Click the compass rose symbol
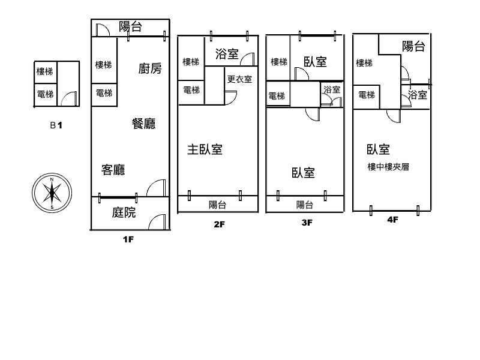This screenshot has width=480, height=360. point(52,193)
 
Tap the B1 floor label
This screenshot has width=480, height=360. point(56,125)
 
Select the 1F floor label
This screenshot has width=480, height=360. point(128,239)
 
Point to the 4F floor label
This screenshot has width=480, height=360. point(393,220)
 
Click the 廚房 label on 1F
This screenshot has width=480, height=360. point(150,68)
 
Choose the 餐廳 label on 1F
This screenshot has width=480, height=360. point(144,124)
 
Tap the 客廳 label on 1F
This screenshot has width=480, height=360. point(113,170)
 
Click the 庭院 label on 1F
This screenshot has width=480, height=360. point(124,212)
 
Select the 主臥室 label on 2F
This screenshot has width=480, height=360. point(205,149)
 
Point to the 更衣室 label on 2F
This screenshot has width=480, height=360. point(239,79)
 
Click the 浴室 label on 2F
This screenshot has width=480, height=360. point(227,54)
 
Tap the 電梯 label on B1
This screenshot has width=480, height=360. point(46,94)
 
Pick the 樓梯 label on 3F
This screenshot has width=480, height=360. point(279,62)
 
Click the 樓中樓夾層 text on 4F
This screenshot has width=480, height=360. point(388,167)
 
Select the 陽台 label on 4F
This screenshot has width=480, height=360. point(413,47)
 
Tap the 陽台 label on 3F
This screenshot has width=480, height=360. point(305,205)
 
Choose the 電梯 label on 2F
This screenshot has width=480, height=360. point(191,90)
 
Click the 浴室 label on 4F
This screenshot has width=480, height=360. point(418,95)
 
